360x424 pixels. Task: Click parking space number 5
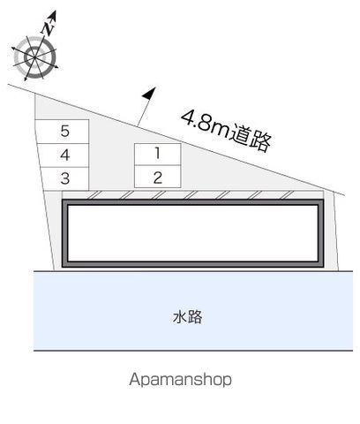62,132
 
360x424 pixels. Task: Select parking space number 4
63,155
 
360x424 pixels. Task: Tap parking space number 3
64,178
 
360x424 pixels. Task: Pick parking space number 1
157,155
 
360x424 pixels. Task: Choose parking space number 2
157,177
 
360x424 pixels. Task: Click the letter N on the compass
48,28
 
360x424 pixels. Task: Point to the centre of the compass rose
34,57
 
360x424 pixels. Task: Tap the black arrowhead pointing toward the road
149,93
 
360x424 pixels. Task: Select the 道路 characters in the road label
250,139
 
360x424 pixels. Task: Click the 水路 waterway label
187,317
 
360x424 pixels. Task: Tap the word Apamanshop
180,380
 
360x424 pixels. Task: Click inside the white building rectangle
192,233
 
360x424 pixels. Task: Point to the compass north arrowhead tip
55,11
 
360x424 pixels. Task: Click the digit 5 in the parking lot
65,131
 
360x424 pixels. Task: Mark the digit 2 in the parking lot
158,178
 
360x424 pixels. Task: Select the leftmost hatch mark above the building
94,195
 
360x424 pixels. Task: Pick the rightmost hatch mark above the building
287,195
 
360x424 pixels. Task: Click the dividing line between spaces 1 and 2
157,165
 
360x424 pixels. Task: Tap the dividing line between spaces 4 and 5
63,144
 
